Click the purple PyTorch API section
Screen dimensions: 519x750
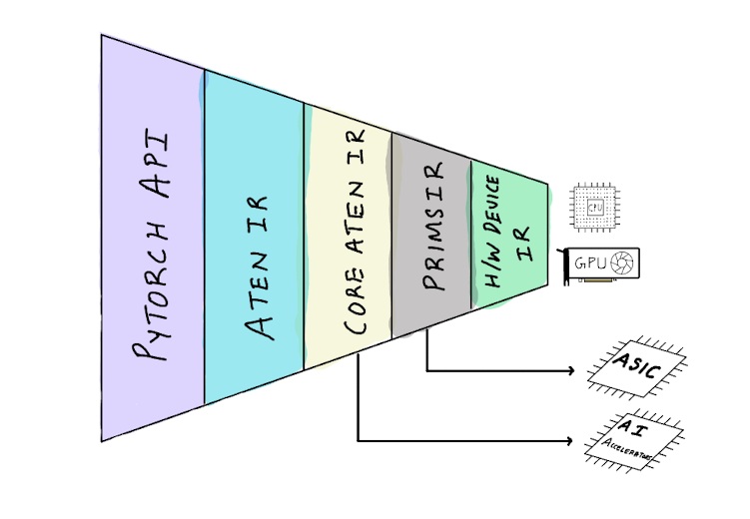tap(152, 240)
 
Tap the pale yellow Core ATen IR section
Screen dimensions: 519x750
tap(348, 240)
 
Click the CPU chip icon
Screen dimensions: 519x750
tap(594, 208)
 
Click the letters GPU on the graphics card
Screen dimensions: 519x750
tap(588, 264)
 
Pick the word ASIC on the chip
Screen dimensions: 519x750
tap(637, 366)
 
